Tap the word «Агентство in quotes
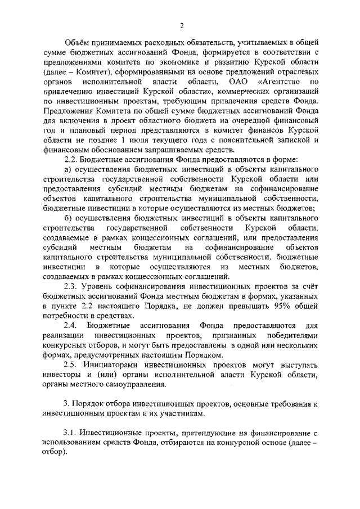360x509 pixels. (x=281, y=82)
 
